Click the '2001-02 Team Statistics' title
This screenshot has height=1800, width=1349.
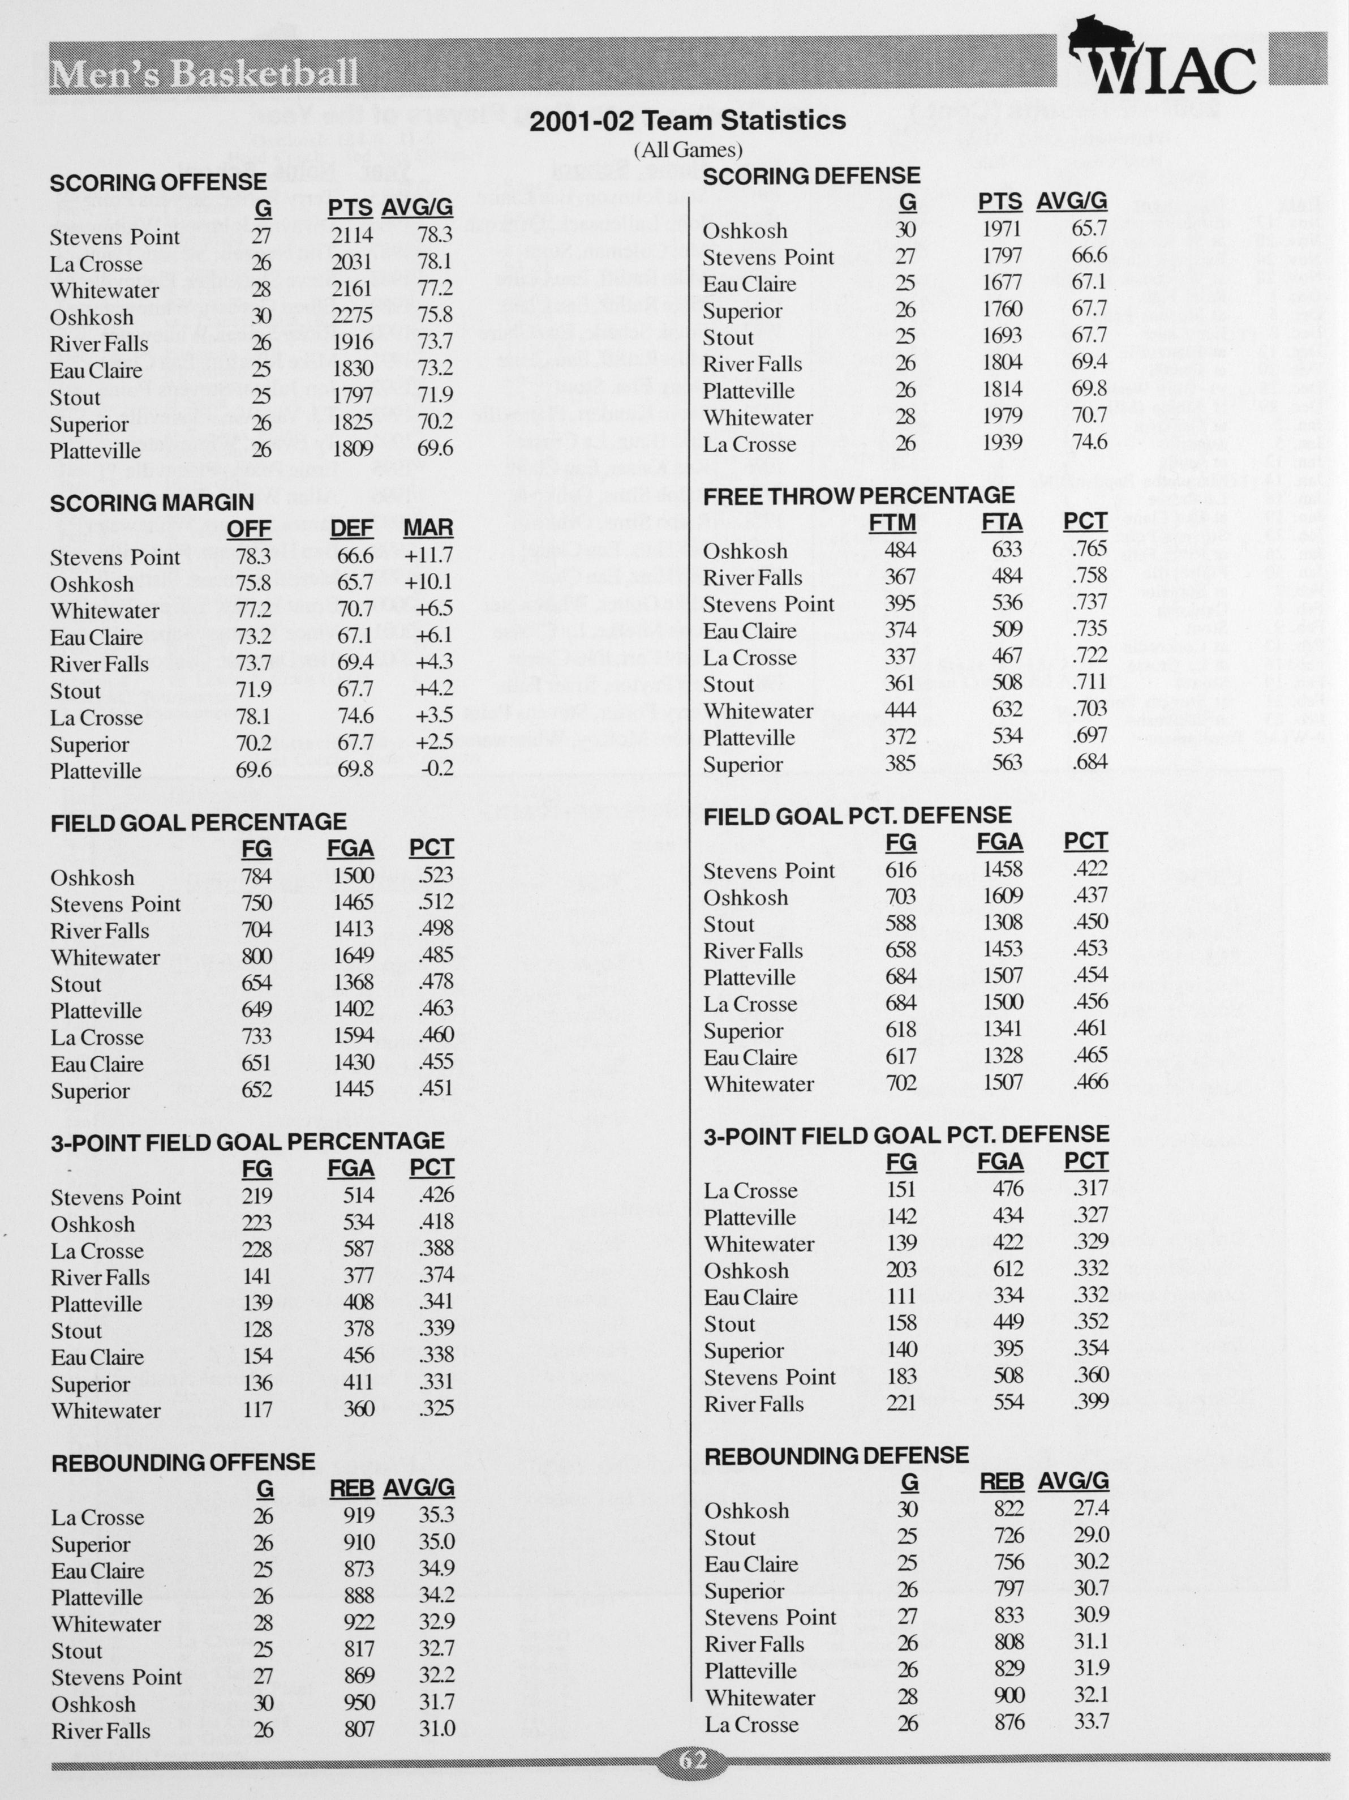tap(688, 121)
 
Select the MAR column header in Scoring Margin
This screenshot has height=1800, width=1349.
tap(428, 528)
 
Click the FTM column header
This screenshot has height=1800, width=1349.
tap(892, 522)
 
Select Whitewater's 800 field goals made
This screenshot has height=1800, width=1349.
tap(256, 955)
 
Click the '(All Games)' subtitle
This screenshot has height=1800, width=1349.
tap(688, 150)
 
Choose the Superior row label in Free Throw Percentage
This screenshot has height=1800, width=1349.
tap(743, 764)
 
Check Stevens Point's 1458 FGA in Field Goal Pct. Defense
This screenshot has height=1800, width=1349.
tap(1002, 869)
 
